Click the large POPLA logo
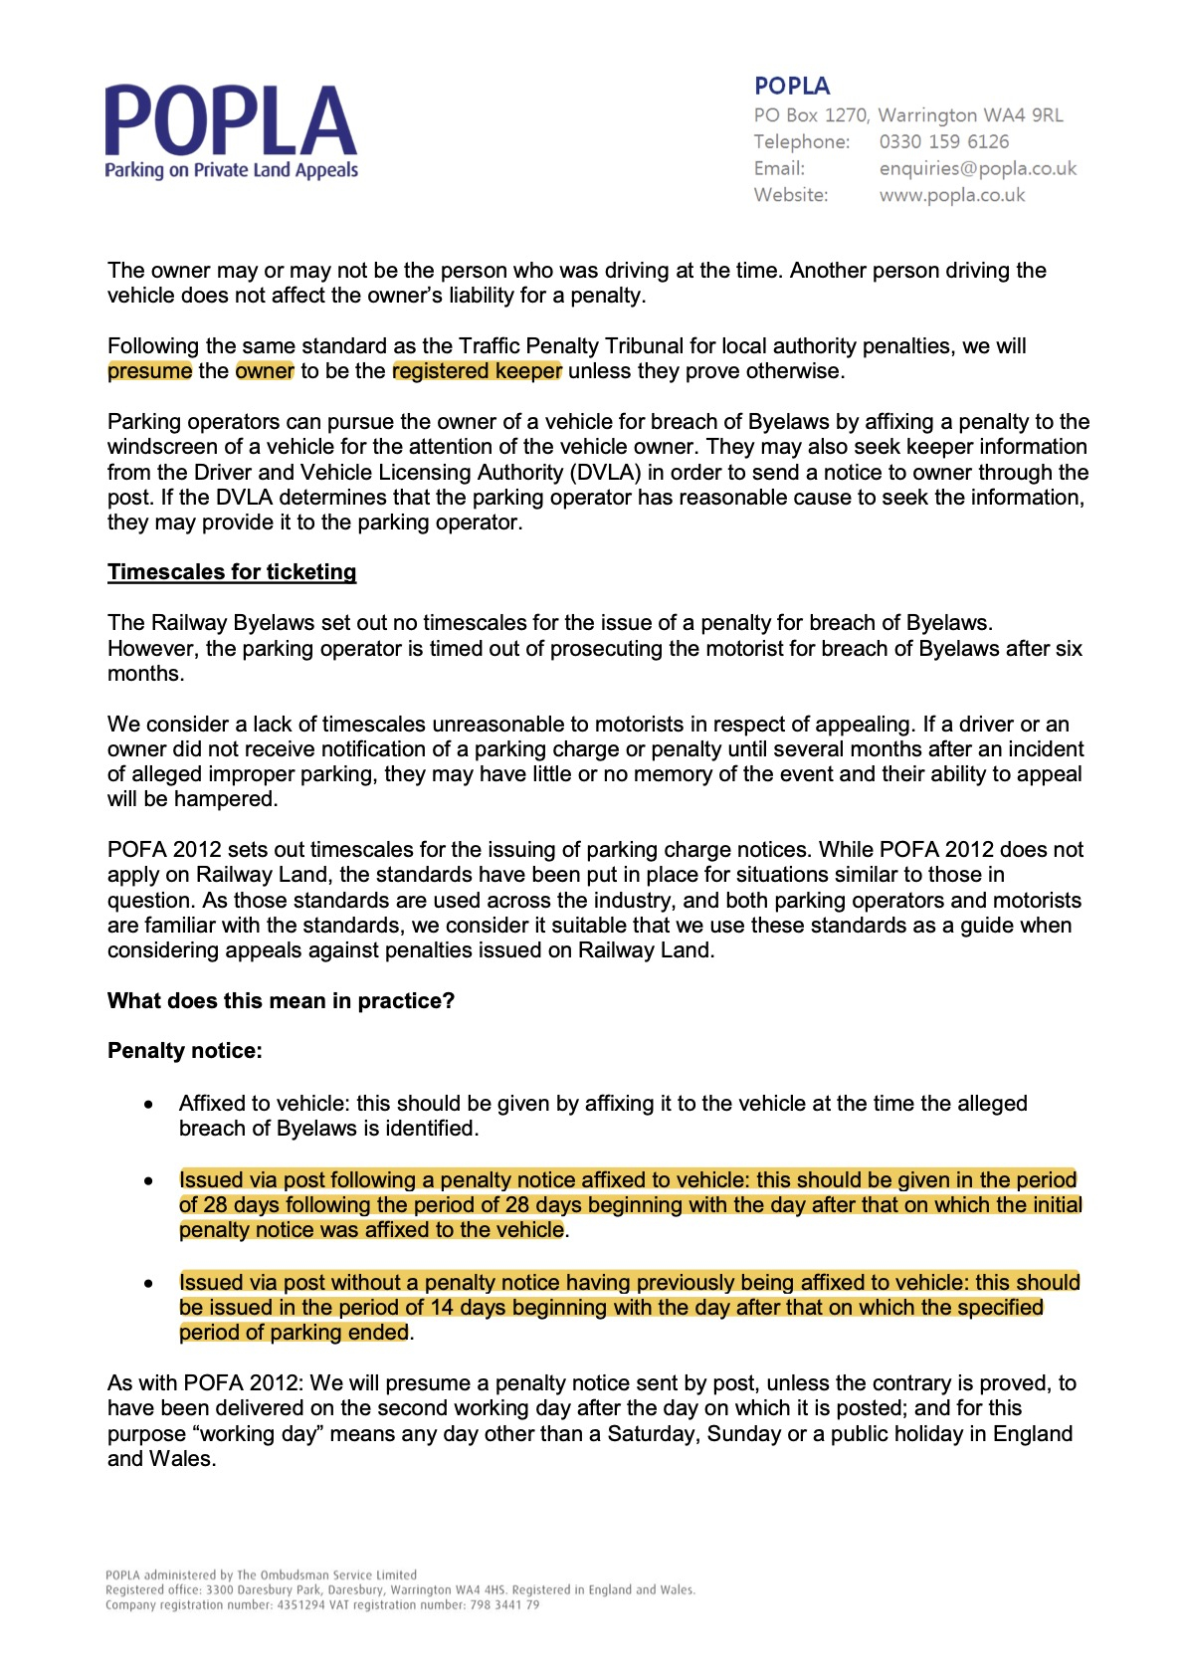[x=231, y=121]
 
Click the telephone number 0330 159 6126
[x=943, y=142]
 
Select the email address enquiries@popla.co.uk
[x=977, y=169]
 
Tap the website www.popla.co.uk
[x=951, y=196]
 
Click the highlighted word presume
[x=149, y=371]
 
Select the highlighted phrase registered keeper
[x=477, y=371]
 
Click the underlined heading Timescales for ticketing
[x=232, y=572]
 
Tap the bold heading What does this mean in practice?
[x=281, y=1001]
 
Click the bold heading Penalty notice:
[x=185, y=1051]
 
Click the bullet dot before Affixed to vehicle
[x=148, y=1105]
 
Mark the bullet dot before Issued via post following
[x=148, y=1181]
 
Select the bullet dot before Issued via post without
[x=148, y=1284]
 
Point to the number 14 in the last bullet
[x=442, y=1308]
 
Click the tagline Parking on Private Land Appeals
[x=231, y=170]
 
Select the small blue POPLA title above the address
[x=792, y=87]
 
